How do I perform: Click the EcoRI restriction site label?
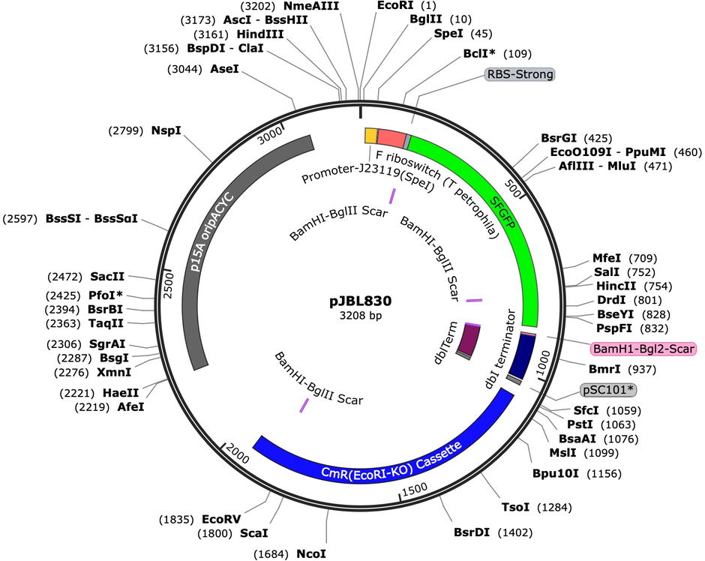coord(394,5)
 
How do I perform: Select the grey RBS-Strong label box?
coord(520,74)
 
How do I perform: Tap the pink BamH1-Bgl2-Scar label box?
coord(643,349)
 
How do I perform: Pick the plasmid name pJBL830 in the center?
coord(361,301)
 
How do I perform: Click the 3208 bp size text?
coord(361,316)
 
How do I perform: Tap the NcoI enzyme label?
coord(311,554)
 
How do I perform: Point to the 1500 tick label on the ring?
coord(415,489)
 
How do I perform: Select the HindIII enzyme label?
coord(260,34)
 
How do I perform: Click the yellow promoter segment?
coord(370,135)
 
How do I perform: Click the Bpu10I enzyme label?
coord(555,473)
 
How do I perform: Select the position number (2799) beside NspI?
coord(126,130)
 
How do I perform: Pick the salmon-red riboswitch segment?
coord(391,137)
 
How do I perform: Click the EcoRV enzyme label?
coord(221,520)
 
